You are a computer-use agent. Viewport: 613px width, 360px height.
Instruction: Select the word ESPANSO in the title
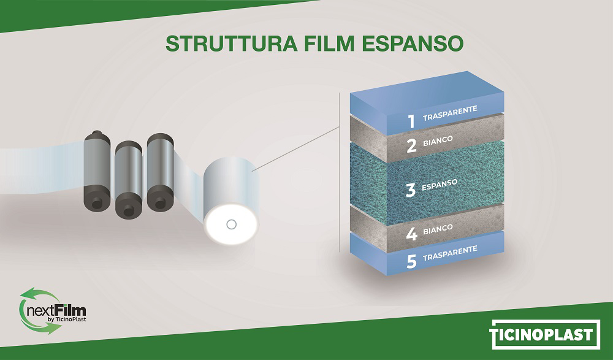(413, 44)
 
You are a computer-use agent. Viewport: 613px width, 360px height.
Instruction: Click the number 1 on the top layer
(411, 121)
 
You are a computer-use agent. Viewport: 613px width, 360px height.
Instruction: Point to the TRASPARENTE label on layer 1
(450, 113)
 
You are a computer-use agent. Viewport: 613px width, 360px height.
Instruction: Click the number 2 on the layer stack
(411, 146)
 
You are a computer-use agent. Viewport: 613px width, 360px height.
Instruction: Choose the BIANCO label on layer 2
(438, 140)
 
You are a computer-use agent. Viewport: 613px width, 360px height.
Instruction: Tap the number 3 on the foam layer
(411, 190)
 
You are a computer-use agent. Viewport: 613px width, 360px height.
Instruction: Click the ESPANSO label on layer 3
(440, 185)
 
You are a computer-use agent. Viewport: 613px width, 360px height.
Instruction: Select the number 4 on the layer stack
(412, 234)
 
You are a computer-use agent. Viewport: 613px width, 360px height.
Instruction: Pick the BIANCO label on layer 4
(438, 229)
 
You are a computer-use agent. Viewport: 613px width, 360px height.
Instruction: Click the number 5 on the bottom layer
(411, 262)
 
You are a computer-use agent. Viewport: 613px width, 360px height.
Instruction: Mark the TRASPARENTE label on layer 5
(450, 253)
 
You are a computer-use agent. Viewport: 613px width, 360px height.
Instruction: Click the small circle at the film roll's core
(232, 224)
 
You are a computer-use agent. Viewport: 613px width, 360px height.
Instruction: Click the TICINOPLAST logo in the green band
(546, 335)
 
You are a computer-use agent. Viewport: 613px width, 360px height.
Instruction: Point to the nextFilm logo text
(56, 311)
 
